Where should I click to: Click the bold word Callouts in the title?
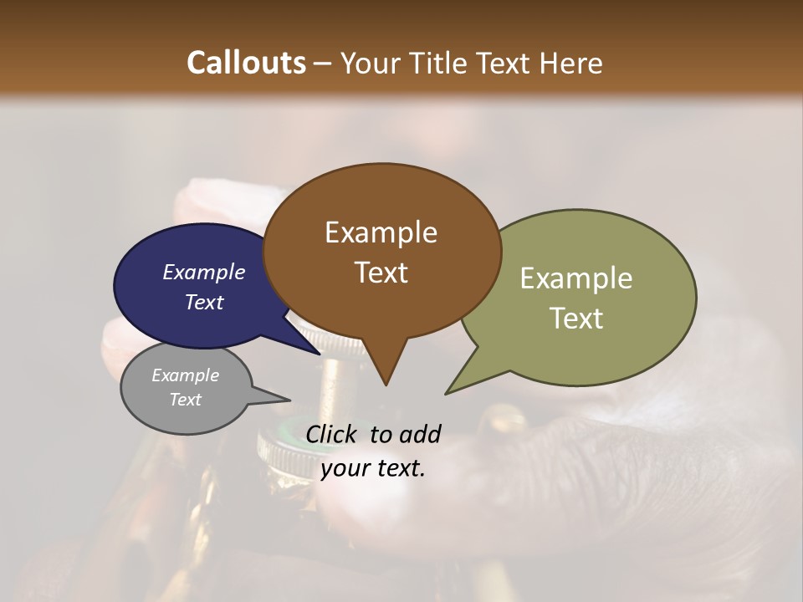246,63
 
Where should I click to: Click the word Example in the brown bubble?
381,232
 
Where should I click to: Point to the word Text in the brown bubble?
381,273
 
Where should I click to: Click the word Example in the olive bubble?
575,278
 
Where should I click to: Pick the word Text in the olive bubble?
575,319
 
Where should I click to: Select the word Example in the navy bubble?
203,272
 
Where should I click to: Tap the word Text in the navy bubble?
203,302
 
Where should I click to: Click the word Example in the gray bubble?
185,375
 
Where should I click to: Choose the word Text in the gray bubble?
185,400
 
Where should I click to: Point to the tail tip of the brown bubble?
386,384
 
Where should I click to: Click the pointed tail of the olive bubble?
448,392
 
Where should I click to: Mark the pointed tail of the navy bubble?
319,354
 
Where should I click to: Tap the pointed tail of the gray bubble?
288,400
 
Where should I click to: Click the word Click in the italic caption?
333,434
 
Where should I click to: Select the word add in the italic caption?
421,434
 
